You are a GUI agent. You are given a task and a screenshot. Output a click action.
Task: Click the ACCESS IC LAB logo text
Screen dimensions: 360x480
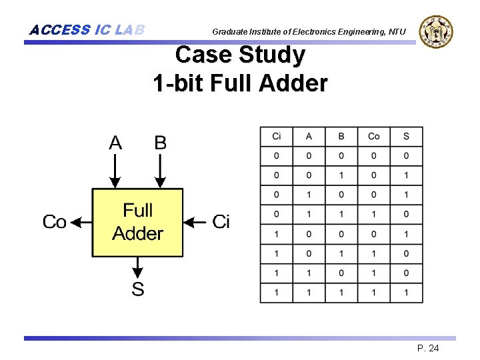pos(87,30)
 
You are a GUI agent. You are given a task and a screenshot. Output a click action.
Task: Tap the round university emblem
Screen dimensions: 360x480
pos(436,31)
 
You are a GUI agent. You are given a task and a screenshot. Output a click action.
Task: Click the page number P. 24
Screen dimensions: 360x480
pos(427,349)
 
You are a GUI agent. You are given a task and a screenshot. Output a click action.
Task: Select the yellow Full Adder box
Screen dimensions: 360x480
pos(137,222)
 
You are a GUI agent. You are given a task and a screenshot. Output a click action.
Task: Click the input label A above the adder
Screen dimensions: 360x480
pos(115,143)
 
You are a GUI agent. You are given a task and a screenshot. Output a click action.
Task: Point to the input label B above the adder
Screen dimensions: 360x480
pos(160,143)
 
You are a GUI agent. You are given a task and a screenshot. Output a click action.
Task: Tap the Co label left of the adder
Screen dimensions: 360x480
pos(55,222)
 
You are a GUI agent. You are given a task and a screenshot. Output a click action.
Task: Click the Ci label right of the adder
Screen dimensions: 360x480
pos(221,222)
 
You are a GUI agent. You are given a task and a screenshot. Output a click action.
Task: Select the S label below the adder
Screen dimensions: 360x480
pos(137,289)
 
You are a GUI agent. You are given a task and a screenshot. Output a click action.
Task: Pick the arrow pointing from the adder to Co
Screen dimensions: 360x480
pos(80,222)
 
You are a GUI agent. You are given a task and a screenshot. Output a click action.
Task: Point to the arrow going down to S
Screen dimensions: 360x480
pos(137,268)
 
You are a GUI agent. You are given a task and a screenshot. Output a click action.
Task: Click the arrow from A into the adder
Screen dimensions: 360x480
pos(115,171)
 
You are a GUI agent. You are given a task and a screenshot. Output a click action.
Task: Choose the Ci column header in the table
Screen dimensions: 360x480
pos(277,137)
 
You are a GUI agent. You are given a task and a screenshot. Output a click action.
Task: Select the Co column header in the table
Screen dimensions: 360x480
pos(374,137)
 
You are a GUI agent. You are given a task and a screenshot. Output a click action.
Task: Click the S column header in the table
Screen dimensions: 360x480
pos(406,137)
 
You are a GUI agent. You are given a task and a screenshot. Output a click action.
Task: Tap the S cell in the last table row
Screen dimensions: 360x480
pos(406,293)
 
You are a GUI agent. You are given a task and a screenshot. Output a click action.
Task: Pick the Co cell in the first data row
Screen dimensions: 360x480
pos(374,156)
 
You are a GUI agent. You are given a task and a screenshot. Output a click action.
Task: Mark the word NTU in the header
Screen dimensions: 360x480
pos(397,31)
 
